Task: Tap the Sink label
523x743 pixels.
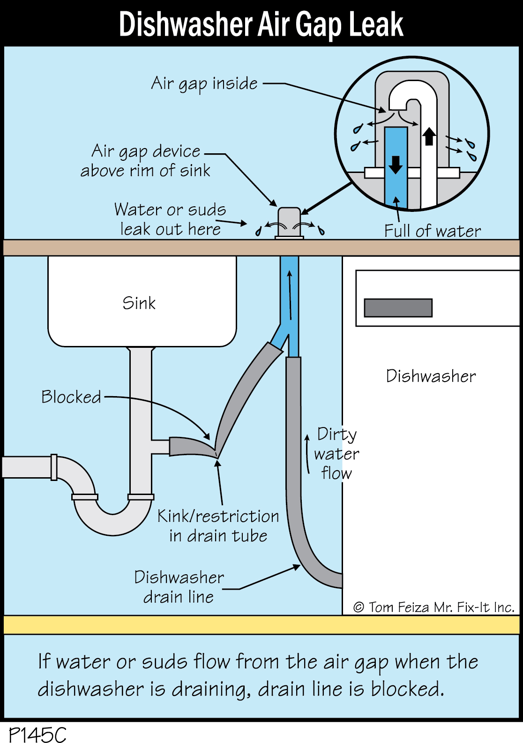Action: tap(139, 303)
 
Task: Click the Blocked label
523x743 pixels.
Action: tap(71, 397)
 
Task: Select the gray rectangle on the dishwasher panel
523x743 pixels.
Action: tap(398, 308)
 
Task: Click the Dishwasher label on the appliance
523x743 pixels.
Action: tap(431, 376)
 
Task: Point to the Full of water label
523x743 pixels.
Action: tap(432, 231)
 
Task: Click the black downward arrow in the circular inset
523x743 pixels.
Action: tap(396, 164)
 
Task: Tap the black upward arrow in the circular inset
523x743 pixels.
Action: tap(429, 136)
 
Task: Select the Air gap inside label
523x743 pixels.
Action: tap(204, 84)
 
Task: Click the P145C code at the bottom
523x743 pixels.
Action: tap(37, 734)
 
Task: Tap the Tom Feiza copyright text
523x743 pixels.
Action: tap(434, 607)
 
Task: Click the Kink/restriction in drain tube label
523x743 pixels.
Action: tap(218, 525)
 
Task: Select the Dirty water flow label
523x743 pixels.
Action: tap(336, 453)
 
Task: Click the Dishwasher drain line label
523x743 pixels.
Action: tap(179, 586)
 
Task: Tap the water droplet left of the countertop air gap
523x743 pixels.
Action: tap(258, 231)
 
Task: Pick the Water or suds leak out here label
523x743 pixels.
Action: tap(170, 219)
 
